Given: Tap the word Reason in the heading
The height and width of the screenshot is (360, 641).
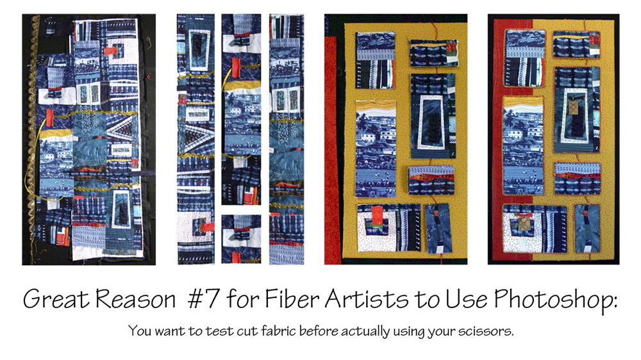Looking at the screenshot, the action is (x=136, y=299).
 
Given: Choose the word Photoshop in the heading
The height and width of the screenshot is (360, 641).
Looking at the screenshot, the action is (x=556, y=300).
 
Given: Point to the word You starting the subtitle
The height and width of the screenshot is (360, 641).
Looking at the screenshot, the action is (x=139, y=330).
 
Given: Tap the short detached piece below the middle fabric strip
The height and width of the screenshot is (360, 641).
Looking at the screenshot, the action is (x=241, y=239).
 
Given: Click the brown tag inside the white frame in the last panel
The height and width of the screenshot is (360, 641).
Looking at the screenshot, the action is (x=574, y=108).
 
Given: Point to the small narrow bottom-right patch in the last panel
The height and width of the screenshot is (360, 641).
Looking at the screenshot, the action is (x=587, y=228).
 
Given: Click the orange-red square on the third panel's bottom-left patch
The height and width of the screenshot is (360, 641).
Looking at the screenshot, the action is (x=377, y=215).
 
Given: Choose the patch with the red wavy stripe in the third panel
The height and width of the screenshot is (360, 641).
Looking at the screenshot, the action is (x=431, y=180).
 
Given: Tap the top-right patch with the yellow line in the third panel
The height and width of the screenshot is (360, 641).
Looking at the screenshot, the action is (x=434, y=53).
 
